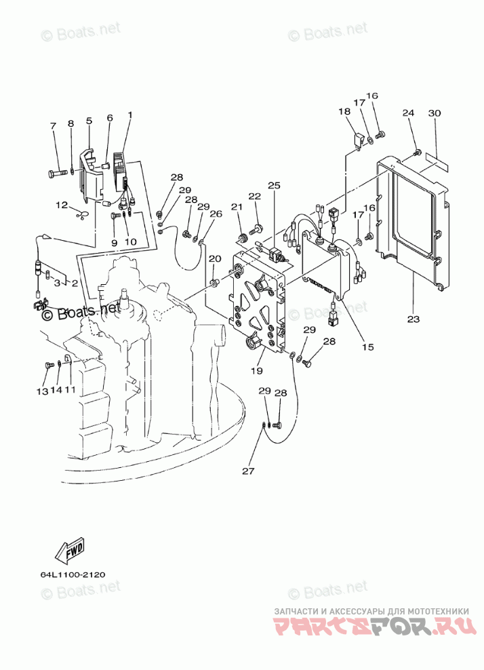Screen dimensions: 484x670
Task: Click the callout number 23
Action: tap(413, 319)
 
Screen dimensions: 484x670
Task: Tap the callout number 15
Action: tap(367, 347)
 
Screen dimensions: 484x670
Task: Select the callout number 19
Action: tap(257, 370)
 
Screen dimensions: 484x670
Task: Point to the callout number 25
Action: tap(275, 185)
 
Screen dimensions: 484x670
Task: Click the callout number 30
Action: tap(435, 113)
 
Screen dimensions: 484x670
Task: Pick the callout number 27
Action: tap(248, 471)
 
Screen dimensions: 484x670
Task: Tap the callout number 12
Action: tap(62, 205)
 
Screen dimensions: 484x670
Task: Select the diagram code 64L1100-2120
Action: tap(73, 574)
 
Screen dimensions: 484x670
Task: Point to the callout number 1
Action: tap(129, 115)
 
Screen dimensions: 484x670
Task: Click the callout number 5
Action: tap(89, 121)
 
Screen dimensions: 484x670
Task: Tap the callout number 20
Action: tap(215, 258)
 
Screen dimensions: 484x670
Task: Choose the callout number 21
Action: tap(237, 207)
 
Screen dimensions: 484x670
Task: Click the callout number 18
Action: tap(344, 111)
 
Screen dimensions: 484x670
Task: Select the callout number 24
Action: tap(408, 113)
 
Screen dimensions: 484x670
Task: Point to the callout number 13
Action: tap(42, 391)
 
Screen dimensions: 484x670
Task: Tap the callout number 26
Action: tap(216, 213)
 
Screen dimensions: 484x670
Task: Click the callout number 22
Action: tap(255, 196)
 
